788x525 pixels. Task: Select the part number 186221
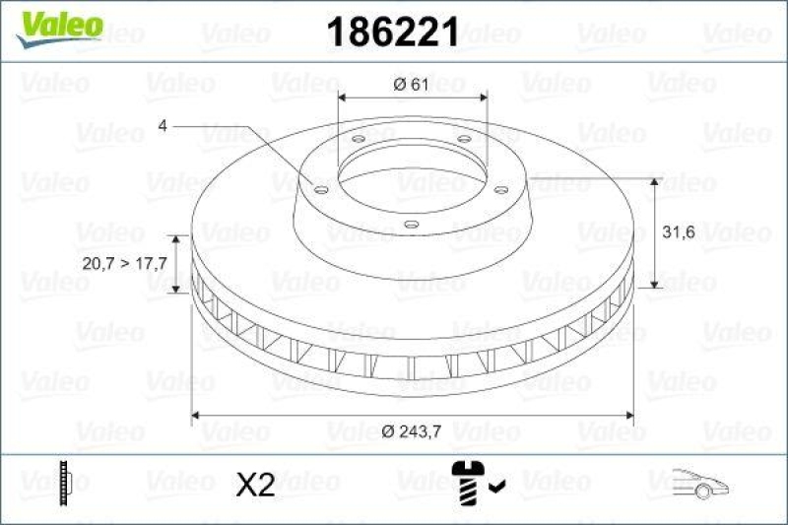pyautogui.click(x=393, y=33)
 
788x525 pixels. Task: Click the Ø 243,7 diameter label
pyautogui.click(x=413, y=429)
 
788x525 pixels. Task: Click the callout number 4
pyautogui.click(x=163, y=125)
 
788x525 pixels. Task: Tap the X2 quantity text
pyautogui.click(x=257, y=484)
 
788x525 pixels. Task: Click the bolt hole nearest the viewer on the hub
pyautogui.click(x=411, y=225)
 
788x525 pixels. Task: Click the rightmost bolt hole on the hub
pyautogui.click(x=500, y=189)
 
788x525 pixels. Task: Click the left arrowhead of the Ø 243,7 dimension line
pyautogui.click(x=196, y=415)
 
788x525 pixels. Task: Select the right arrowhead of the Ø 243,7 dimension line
pyautogui.click(x=627, y=415)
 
